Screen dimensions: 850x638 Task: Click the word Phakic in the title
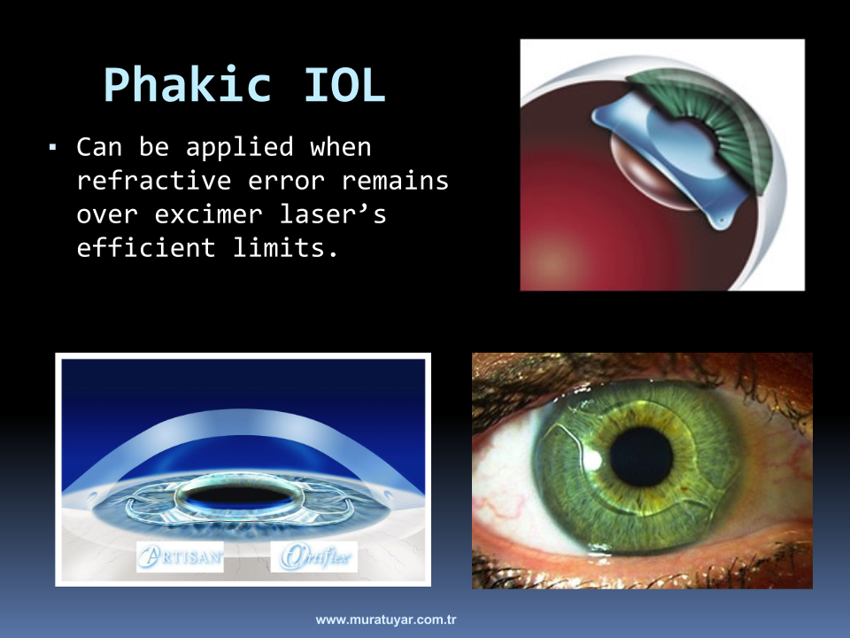188,85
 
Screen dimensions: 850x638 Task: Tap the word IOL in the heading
344,85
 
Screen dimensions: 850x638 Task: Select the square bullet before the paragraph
52,147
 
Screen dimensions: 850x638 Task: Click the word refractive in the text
154,181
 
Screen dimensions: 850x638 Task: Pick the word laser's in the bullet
333,214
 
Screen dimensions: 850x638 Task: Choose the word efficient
146,248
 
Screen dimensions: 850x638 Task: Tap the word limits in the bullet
286,248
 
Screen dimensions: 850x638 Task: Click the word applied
240,148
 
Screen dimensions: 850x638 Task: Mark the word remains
395,181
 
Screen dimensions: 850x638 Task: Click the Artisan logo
180,556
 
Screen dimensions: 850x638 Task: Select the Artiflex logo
314,556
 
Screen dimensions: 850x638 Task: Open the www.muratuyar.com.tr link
386,619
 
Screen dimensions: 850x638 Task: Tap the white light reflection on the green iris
592,461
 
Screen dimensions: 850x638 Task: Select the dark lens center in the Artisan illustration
238,494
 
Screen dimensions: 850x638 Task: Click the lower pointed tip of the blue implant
722,224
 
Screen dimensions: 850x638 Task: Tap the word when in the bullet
340,147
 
